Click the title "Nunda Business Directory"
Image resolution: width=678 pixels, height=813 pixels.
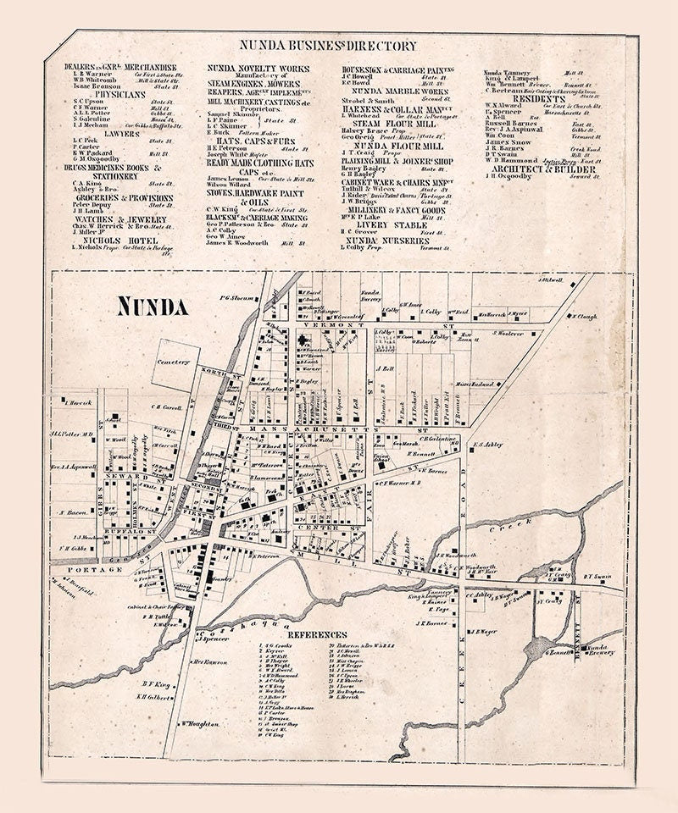pyautogui.click(x=327, y=47)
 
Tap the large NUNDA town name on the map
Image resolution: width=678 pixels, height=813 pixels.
pyautogui.click(x=153, y=306)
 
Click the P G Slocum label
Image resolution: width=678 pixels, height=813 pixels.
pyautogui.click(x=237, y=297)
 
